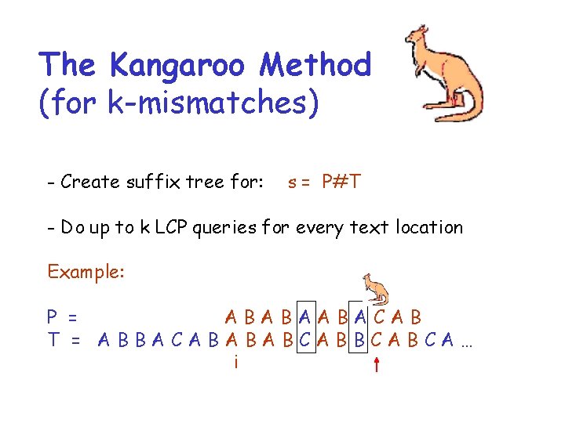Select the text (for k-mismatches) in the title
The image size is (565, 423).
tap(179, 103)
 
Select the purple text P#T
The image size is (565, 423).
tap(341, 183)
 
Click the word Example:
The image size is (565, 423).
tap(85, 272)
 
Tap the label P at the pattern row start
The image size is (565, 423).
tap(52, 317)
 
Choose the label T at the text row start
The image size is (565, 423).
tap(53, 340)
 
